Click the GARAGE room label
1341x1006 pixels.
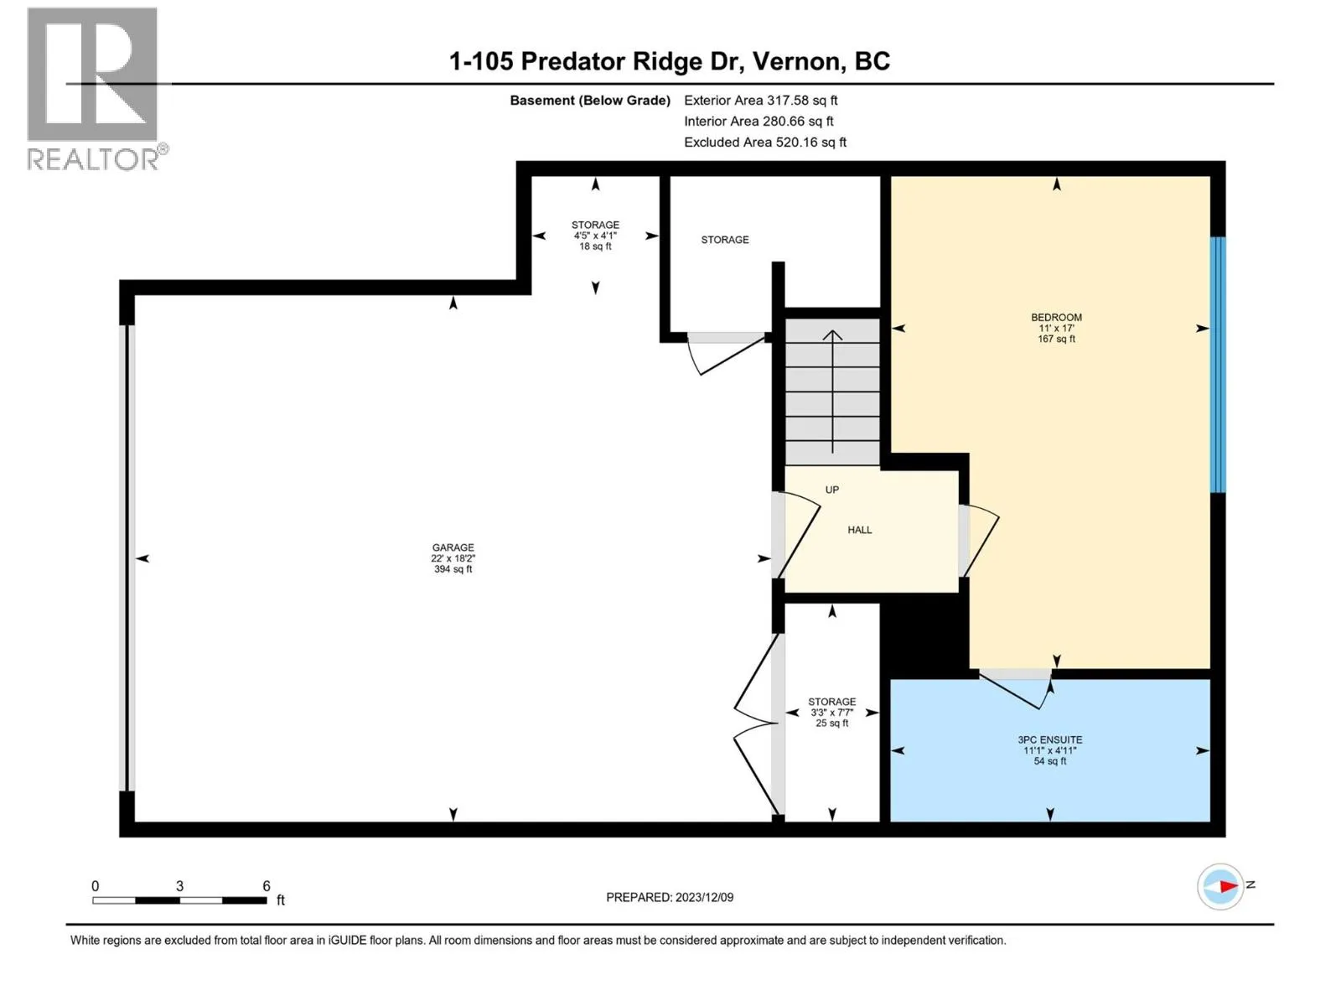pos(453,547)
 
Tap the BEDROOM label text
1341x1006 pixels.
pos(1056,317)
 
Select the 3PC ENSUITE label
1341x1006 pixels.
pos(1049,739)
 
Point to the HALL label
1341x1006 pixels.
pos(859,530)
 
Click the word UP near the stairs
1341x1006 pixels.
pos(831,490)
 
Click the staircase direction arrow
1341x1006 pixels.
pos(832,391)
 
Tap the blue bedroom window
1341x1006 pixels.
pos(1218,364)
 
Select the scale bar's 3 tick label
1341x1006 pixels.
pos(179,885)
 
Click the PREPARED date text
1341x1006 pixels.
pos(670,897)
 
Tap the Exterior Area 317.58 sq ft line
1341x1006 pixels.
pos(761,100)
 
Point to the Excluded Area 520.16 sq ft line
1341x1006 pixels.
pos(765,143)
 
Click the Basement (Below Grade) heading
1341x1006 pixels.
pos(590,100)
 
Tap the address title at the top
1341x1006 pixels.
pos(670,61)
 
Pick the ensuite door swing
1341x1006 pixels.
pos(1014,689)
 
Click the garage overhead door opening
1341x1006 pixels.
pos(127,558)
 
